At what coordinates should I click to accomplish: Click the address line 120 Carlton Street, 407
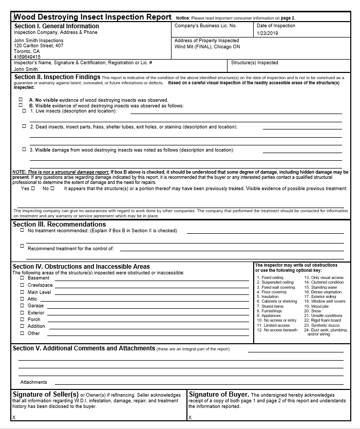coord(39,45)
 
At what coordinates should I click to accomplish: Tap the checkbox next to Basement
coord(22,278)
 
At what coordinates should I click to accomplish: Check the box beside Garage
coord(22,306)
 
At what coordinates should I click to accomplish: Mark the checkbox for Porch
coord(22,320)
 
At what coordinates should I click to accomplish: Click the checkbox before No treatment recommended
coord(22,230)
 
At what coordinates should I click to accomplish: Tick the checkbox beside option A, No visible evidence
coord(21,100)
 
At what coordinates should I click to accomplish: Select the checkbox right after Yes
coord(33,189)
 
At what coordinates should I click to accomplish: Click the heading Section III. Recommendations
coord(59,225)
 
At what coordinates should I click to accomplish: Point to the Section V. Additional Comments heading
coord(83,348)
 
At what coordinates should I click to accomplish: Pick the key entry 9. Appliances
coord(269,315)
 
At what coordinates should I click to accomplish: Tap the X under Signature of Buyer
coord(190,417)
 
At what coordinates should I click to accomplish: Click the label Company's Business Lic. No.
coord(205,26)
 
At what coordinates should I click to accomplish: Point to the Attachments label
coord(34,382)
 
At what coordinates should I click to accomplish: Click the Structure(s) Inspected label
coord(255,63)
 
